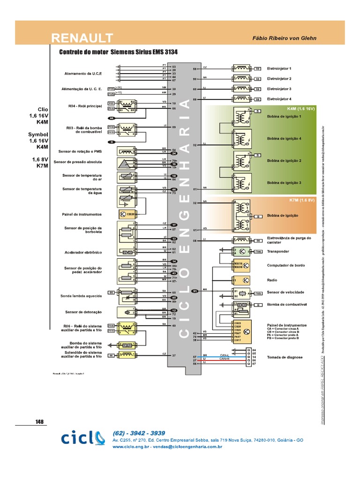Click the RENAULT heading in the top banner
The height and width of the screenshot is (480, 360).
tap(82, 37)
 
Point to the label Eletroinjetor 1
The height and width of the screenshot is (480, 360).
tap(279, 68)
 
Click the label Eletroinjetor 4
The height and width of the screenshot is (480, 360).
tap(279, 99)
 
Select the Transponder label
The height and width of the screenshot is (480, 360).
tap(278, 251)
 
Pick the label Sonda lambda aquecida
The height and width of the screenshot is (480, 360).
tap(81, 296)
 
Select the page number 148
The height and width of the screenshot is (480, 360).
tap(39, 421)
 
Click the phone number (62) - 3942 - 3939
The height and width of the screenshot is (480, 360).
tap(139, 433)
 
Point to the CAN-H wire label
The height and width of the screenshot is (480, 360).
tap(224, 359)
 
